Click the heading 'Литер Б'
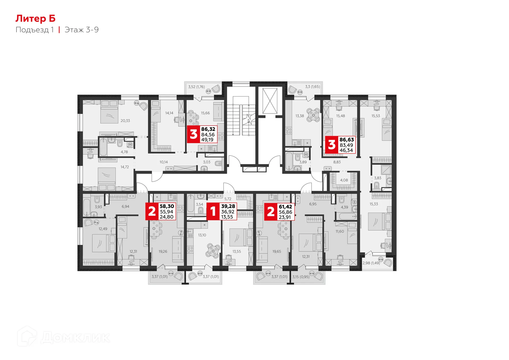tap(36, 19)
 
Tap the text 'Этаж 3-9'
tap(82, 30)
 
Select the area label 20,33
tap(125, 121)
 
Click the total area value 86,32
tap(208, 129)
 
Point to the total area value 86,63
tap(346, 140)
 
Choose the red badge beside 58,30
tap(152, 211)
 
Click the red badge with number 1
tap(213, 211)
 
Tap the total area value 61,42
tap(285, 207)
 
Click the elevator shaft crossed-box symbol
tap(270, 101)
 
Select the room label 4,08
tap(344, 180)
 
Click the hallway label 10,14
tap(164, 162)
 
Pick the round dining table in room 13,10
tap(213, 250)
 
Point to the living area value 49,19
tap(207, 140)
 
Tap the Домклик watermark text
tap(75, 337)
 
